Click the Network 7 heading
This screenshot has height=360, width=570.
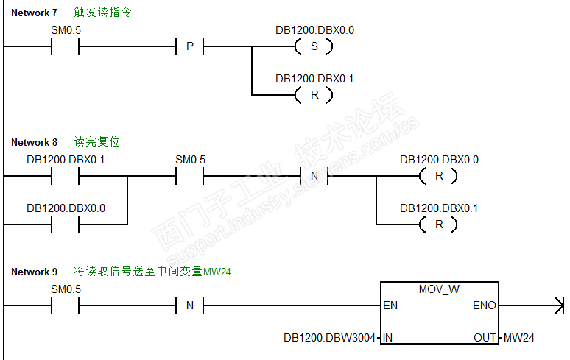(x=34, y=13)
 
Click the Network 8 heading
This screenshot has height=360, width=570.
(x=34, y=142)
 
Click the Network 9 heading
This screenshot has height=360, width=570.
(x=34, y=272)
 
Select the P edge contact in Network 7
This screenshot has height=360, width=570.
(x=190, y=46)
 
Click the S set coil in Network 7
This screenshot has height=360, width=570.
(x=314, y=46)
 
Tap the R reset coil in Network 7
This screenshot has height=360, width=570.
(x=314, y=95)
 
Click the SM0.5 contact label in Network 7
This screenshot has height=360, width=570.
(x=66, y=30)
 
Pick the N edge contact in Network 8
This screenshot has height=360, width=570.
(x=314, y=176)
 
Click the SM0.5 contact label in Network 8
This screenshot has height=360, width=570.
(x=190, y=160)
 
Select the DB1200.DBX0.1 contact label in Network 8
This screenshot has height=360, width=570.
(x=66, y=160)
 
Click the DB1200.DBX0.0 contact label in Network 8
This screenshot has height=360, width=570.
(x=66, y=208)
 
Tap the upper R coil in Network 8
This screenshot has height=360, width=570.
(x=438, y=176)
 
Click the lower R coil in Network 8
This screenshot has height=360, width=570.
(x=438, y=225)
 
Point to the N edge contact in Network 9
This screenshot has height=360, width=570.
(x=190, y=306)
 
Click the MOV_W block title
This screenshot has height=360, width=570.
(x=439, y=289)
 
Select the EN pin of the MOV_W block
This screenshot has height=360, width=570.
(x=390, y=306)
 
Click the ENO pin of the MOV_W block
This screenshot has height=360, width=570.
(x=485, y=306)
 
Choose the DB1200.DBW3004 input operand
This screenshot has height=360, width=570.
(x=329, y=338)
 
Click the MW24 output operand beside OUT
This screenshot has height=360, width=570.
(x=518, y=338)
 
